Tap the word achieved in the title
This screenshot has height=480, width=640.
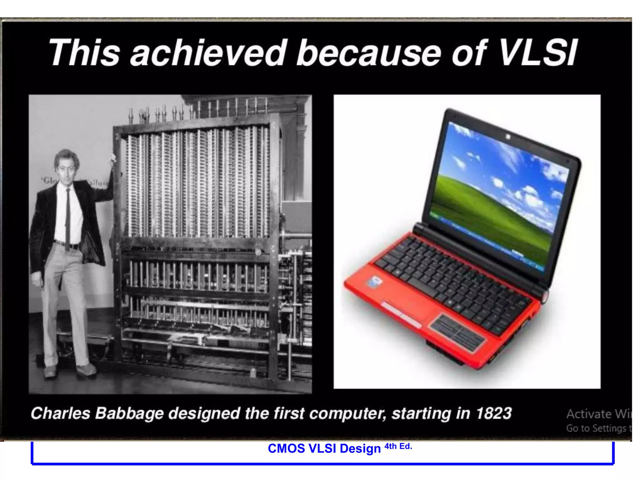pos(208,52)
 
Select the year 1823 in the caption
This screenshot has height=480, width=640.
pos(493,413)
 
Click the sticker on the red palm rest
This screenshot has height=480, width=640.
pos(375,282)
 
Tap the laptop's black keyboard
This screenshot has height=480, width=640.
pos(453,281)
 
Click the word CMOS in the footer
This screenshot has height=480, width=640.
pos(286,448)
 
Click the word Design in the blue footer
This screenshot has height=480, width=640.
pos(360,449)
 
